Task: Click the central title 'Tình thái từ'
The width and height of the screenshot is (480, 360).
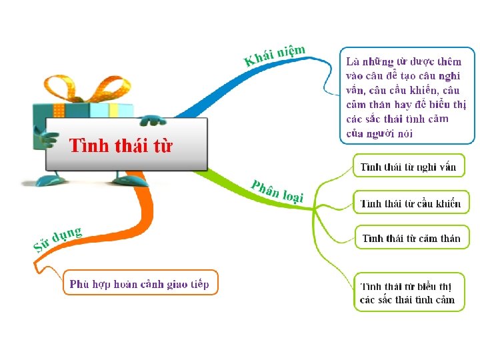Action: click(x=121, y=145)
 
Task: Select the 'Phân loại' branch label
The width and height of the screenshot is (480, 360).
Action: click(x=277, y=190)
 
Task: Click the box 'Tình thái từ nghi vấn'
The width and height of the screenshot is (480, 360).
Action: click(x=408, y=167)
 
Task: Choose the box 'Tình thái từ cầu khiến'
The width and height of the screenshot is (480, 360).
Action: click(x=409, y=203)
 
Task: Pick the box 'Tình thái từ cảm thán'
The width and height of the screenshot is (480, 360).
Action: click(x=410, y=238)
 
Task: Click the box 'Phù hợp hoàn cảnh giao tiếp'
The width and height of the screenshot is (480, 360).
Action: click(x=140, y=284)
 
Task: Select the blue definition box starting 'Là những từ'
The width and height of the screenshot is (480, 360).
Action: click(x=407, y=95)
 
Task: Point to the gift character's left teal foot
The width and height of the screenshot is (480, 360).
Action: click(x=51, y=180)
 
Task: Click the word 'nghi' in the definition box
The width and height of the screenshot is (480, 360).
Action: click(x=450, y=75)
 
